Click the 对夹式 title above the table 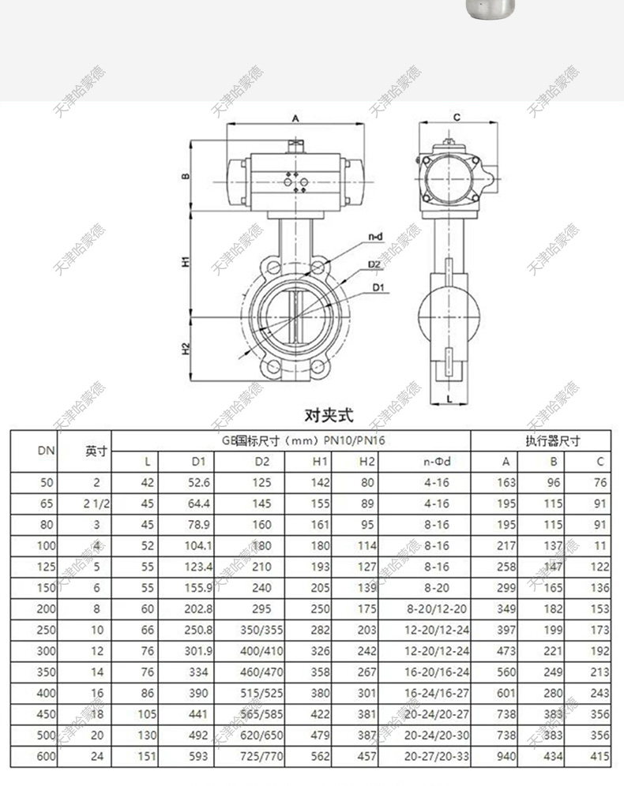[329, 414]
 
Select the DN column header [46, 451]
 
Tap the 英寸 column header [97, 451]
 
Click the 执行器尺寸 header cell [547, 440]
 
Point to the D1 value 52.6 [201, 482]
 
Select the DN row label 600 [47, 756]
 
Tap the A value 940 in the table [506, 756]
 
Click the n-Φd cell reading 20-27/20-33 [436, 756]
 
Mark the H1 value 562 [321, 756]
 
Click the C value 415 [600, 756]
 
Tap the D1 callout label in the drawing [378, 288]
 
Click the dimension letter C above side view [457, 118]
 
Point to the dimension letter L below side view [449, 399]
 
